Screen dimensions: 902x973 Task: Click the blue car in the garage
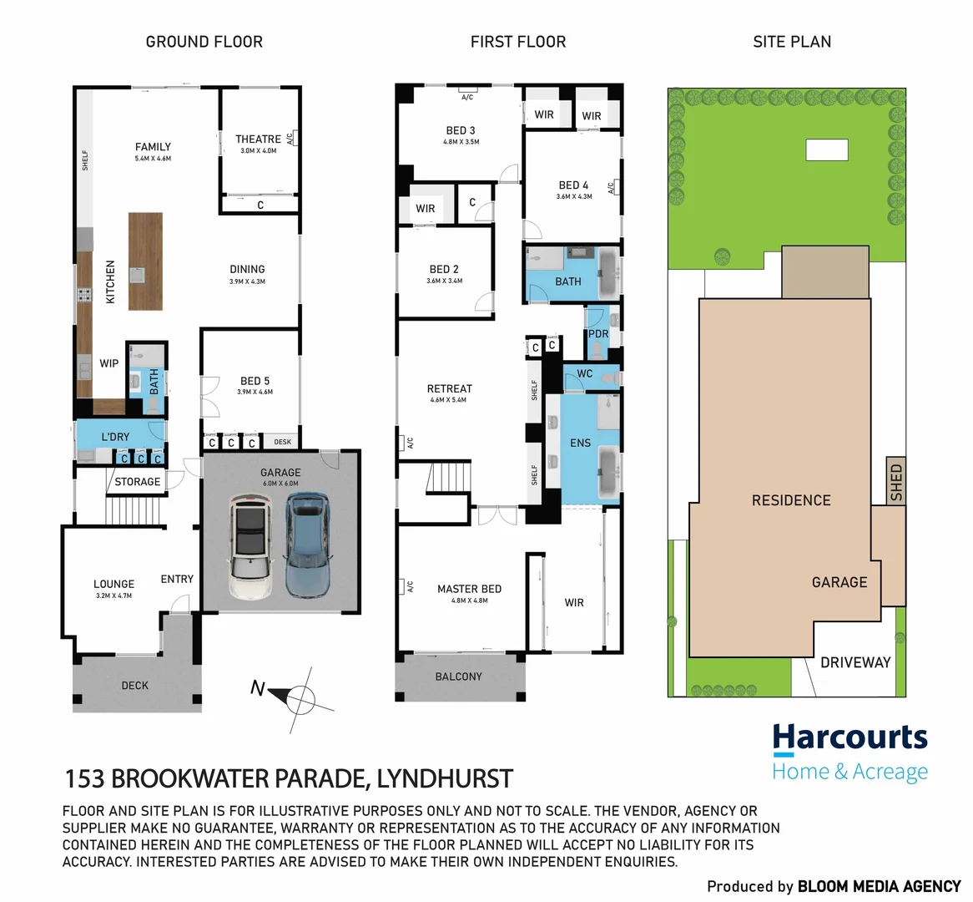(x=307, y=545)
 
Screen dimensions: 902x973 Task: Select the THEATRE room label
(x=258, y=139)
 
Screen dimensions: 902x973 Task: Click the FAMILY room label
(x=153, y=147)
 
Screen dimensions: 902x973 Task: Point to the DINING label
(x=247, y=270)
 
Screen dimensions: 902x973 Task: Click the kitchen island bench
(x=145, y=261)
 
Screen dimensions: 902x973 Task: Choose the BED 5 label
(x=255, y=381)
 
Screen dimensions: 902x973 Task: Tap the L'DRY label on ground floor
(x=115, y=437)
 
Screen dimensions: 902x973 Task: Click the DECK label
(x=134, y=686)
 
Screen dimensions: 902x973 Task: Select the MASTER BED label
(x=469, y=589)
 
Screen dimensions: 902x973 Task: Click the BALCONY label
(x=458, y=676)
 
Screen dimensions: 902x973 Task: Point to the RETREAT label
(x=449, y=389)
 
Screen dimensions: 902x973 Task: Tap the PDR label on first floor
(x=598, y=334)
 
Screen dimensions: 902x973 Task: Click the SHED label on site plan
(x=896, y=482)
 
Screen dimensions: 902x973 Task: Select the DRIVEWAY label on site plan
(x=855, y=662)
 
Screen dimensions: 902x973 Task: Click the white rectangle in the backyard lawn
(x=826, y=149)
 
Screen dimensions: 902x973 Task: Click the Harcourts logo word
(x=849, y=738)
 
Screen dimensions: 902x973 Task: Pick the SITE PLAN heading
(x=791, y=42)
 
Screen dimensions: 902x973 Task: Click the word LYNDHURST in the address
(x=445, y=779)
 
